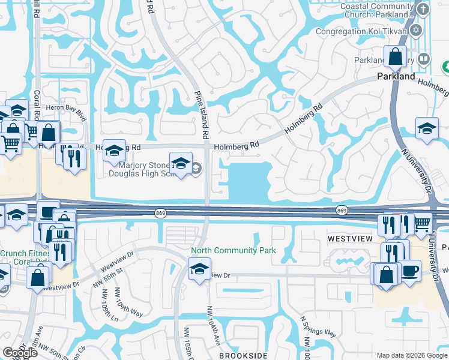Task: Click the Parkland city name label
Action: click(x=396, y=77)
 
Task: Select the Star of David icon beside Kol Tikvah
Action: click(x=417, y=30)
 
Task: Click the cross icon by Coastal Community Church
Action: click(x=424, y=8)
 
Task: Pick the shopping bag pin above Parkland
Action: click(x=396, y=57)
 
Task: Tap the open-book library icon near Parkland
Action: click(x=424, y=59)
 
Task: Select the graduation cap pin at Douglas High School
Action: click(x=181, y=163)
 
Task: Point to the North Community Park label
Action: click(x=234, y=250)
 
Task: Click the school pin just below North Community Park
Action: click(x=197, y=269)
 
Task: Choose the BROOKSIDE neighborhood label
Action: click(x=243, y=355)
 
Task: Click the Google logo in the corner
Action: click(x=20, y=353)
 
